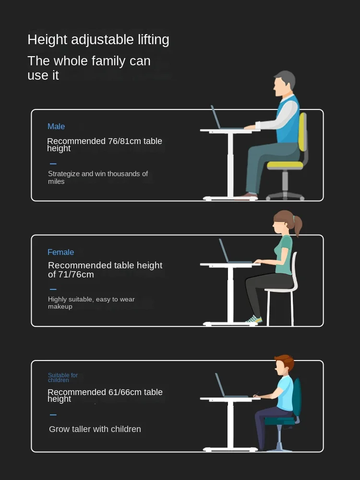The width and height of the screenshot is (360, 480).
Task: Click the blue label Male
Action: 56,126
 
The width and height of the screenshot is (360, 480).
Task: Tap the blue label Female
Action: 60,252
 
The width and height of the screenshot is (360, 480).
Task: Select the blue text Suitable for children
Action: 63,377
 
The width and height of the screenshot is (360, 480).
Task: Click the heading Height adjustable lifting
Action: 98,40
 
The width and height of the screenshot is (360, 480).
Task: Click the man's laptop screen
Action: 216,117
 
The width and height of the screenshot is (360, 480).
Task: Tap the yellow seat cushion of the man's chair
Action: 285,165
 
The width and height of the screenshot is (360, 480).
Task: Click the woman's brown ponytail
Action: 297,225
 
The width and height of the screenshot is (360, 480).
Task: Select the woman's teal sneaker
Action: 254,320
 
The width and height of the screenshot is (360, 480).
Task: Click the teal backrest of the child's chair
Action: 297,397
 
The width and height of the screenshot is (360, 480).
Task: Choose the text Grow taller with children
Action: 95,429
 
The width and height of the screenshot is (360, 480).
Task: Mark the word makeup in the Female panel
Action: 60,307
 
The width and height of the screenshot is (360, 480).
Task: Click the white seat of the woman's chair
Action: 280,289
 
